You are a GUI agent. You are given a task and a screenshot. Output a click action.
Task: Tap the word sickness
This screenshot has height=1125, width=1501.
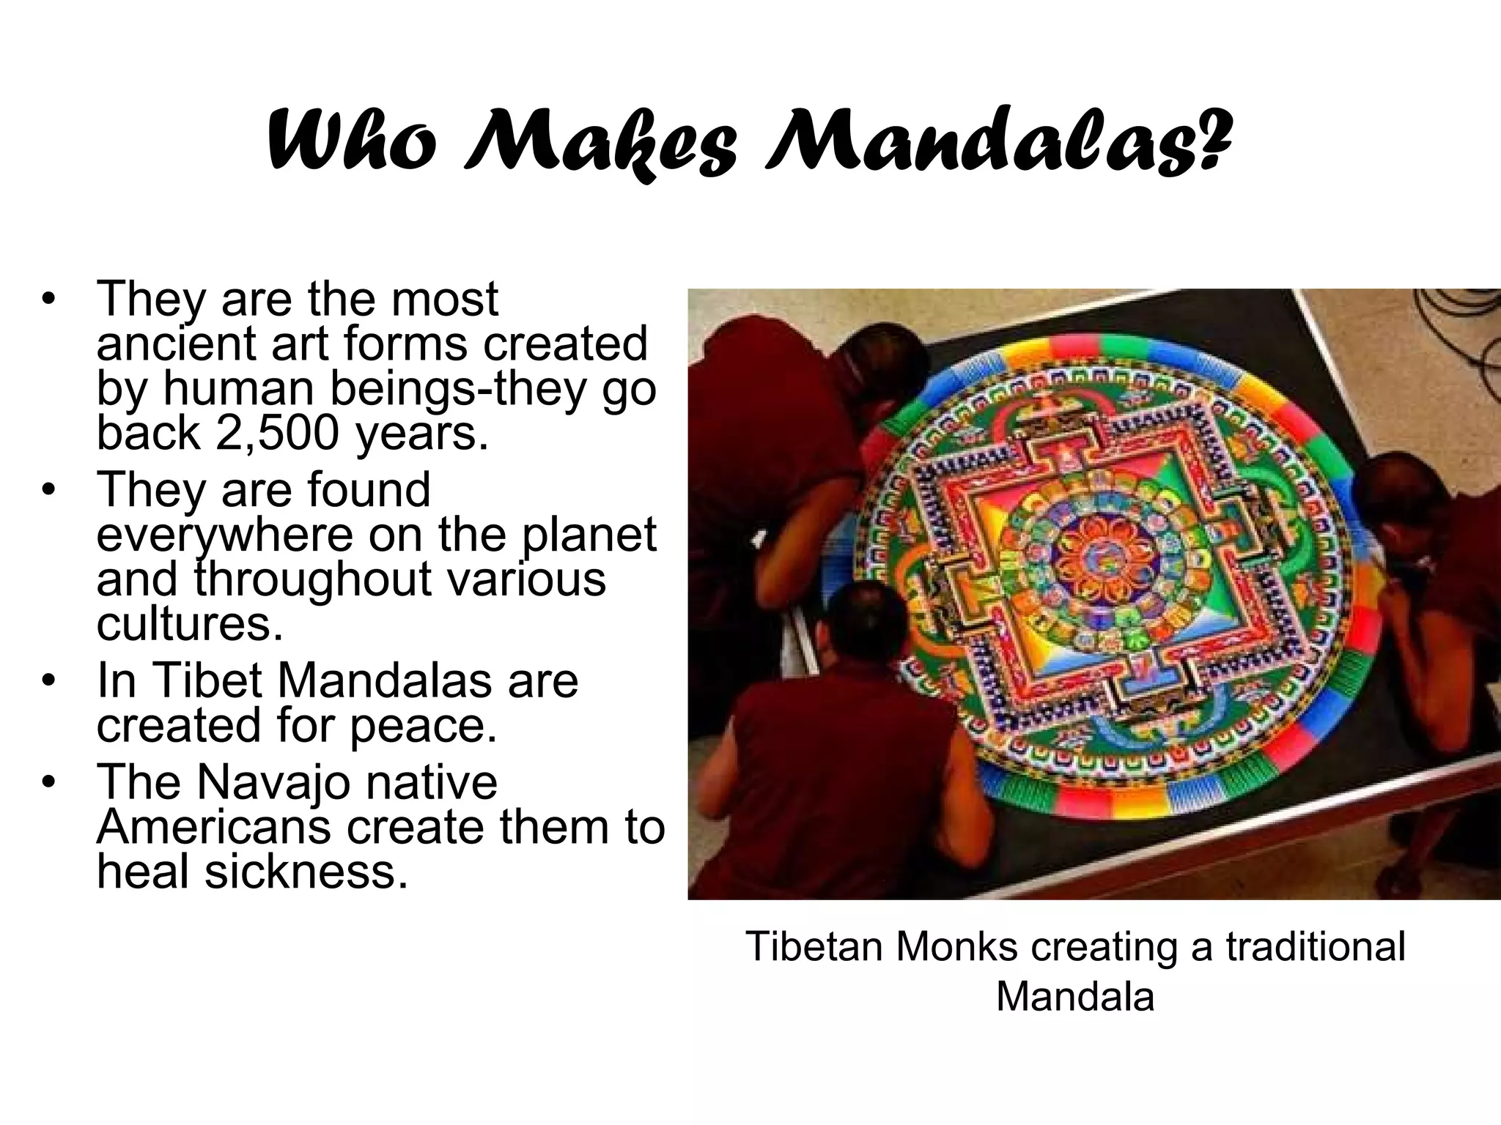pyautogui.click(x=306, y=871)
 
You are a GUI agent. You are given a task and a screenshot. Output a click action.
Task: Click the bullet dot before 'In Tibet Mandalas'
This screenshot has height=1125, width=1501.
pyautogui.click(x=48, y=682)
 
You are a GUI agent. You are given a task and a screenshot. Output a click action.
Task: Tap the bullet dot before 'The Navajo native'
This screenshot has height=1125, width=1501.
pyautogui.click(x=48, y=783)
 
